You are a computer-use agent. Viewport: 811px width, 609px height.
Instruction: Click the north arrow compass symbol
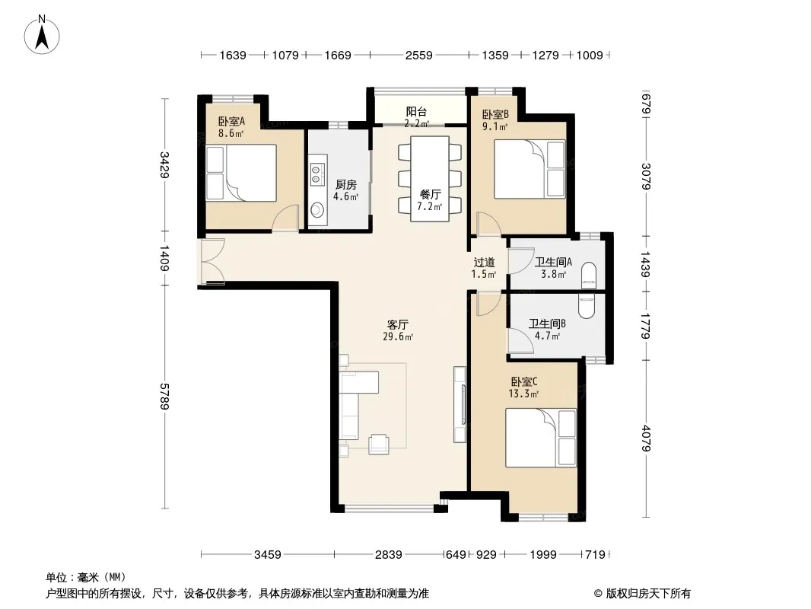point(41,35)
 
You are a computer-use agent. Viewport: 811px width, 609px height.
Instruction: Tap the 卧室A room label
point(231,121)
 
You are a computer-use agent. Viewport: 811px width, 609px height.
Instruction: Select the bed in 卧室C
point(540,437)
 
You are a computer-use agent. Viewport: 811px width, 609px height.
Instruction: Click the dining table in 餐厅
point(429,178)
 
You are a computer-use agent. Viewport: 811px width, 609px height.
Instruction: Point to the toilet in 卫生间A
point(589,276)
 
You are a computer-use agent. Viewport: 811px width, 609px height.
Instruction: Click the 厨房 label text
point(346,185)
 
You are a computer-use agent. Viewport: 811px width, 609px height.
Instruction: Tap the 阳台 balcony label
point(416,111)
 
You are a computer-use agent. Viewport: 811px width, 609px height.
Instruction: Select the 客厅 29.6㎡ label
point(398,330)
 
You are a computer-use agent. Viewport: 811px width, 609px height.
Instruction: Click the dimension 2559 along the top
point(418,55)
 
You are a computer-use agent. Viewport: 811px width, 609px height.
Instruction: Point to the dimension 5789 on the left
point(164,397)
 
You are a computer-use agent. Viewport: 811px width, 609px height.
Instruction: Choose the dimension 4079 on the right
point(645,438)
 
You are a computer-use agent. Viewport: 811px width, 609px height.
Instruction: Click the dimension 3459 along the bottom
point(267,555)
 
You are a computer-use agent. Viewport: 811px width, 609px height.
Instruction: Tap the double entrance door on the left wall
point(212,261)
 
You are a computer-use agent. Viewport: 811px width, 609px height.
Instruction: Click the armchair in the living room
point(379,444)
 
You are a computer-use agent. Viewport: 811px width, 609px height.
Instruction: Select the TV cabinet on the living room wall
point(460,404)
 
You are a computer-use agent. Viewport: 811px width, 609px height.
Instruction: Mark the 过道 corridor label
point(484,263)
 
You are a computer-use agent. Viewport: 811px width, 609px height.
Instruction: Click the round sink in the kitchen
point(316,209)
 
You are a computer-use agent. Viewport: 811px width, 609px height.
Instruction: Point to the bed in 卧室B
point(529,169)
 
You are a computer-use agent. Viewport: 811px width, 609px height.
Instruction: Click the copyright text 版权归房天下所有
point(647,594)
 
